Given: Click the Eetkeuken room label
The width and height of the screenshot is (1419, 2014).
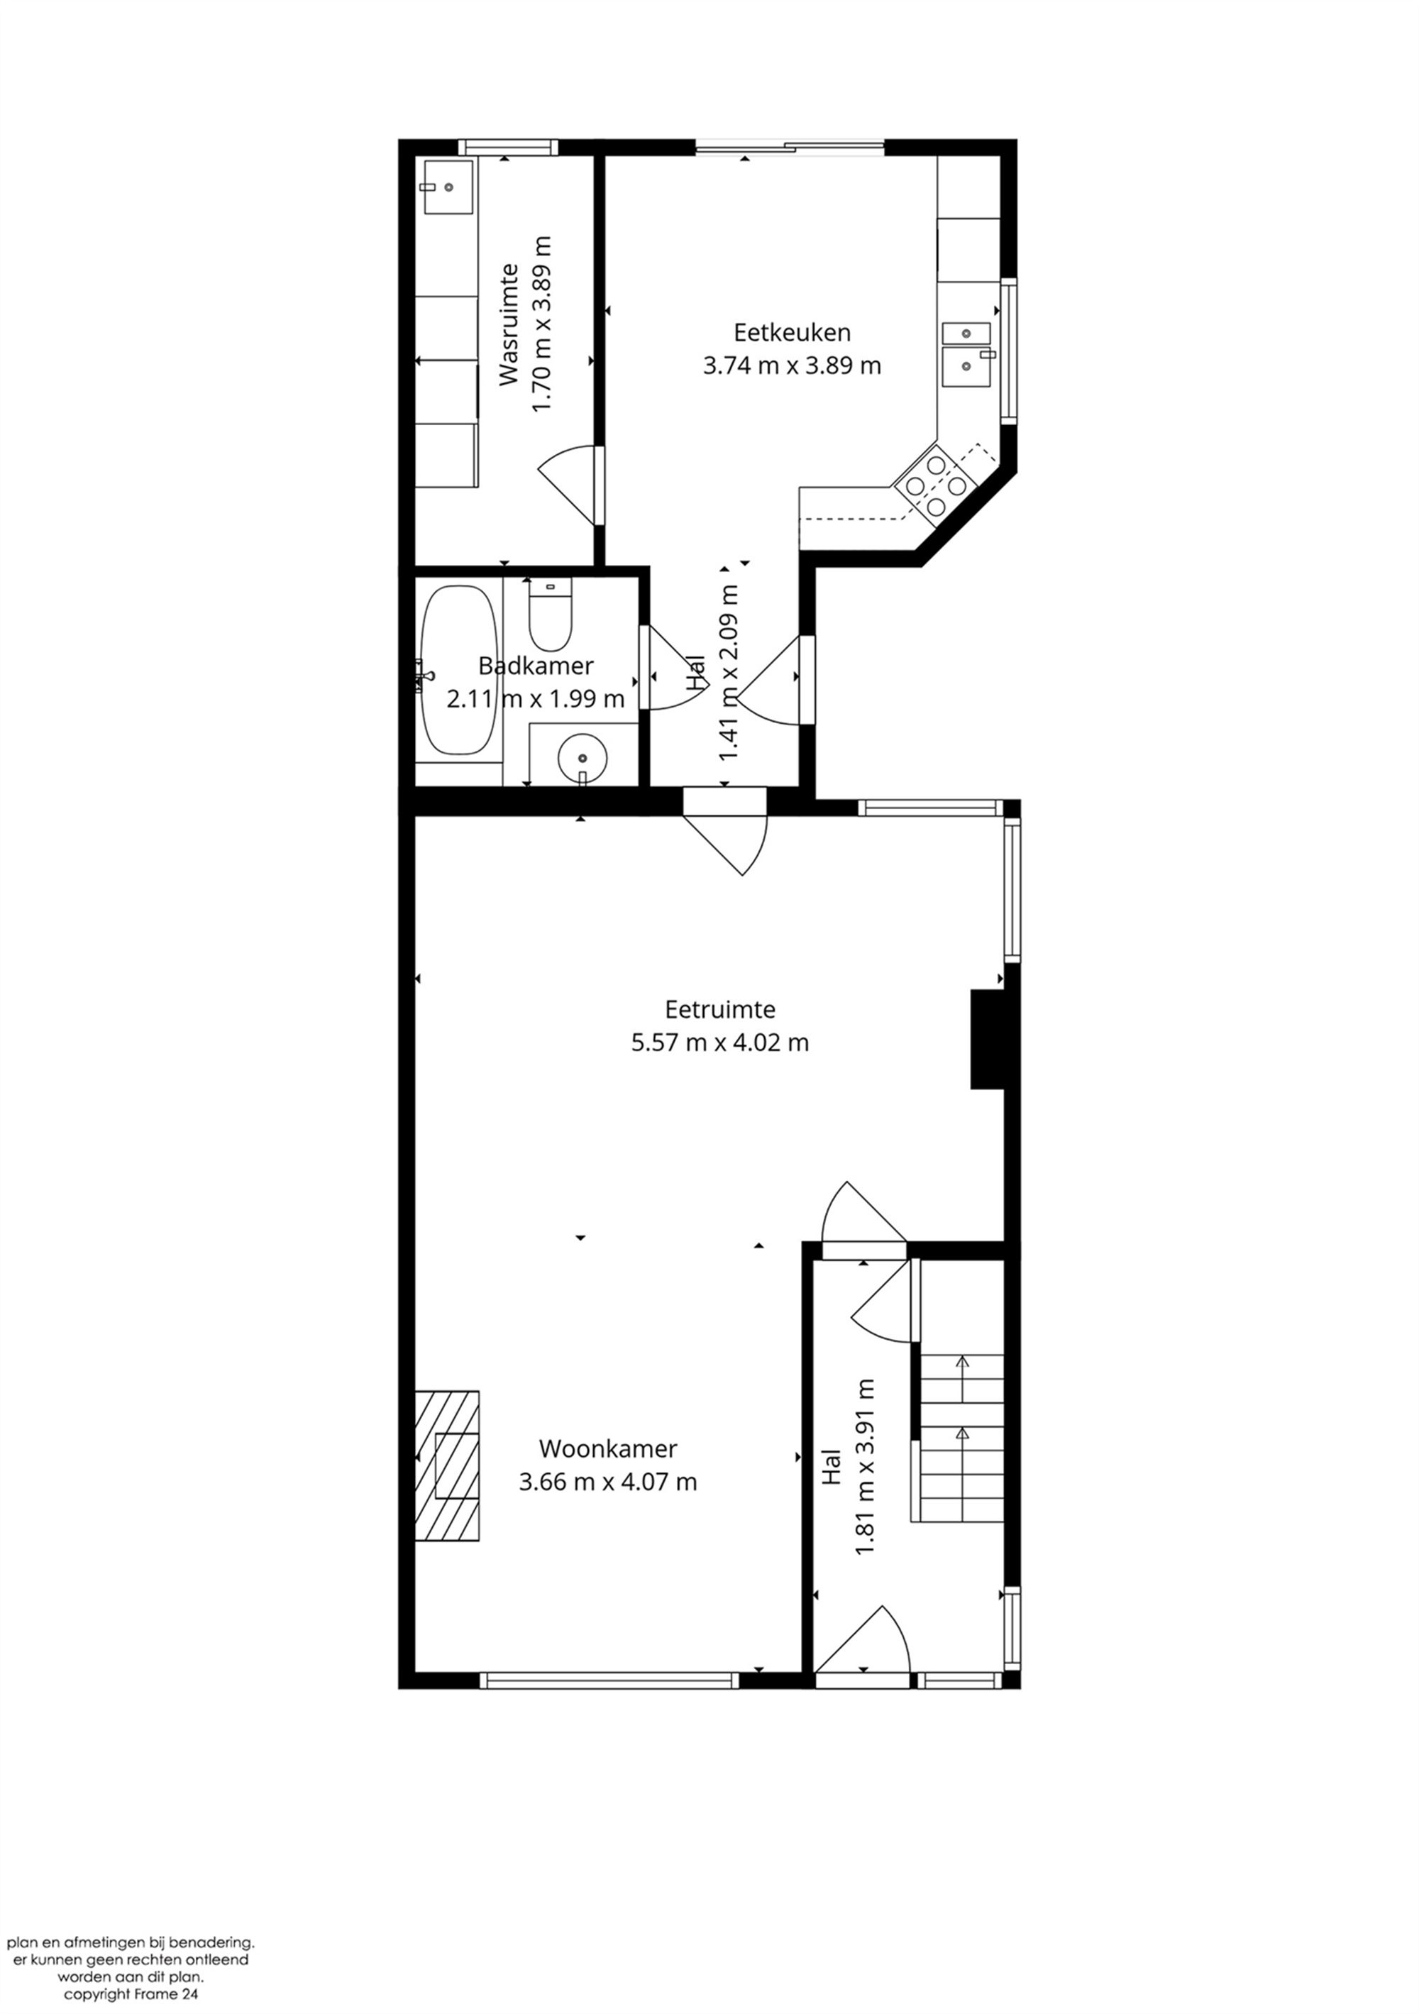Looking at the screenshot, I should (x=791, y=332).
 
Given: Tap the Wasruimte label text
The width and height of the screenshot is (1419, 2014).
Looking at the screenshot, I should (x=509, y=324).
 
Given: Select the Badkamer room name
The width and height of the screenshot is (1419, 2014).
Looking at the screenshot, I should (x=535, y=666).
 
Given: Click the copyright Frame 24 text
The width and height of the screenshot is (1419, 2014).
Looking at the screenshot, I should (x=131, y=1995).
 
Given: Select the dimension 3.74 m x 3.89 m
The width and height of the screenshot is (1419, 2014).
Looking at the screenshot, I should (x=791, y=365).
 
